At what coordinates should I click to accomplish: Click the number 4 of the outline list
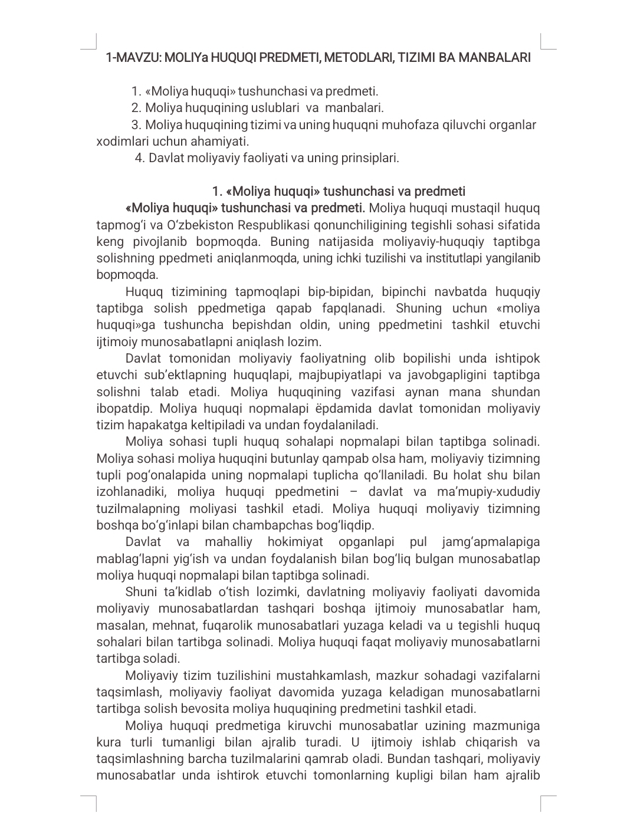139,158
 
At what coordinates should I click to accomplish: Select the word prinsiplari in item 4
369,158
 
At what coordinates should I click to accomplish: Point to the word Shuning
418,308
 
